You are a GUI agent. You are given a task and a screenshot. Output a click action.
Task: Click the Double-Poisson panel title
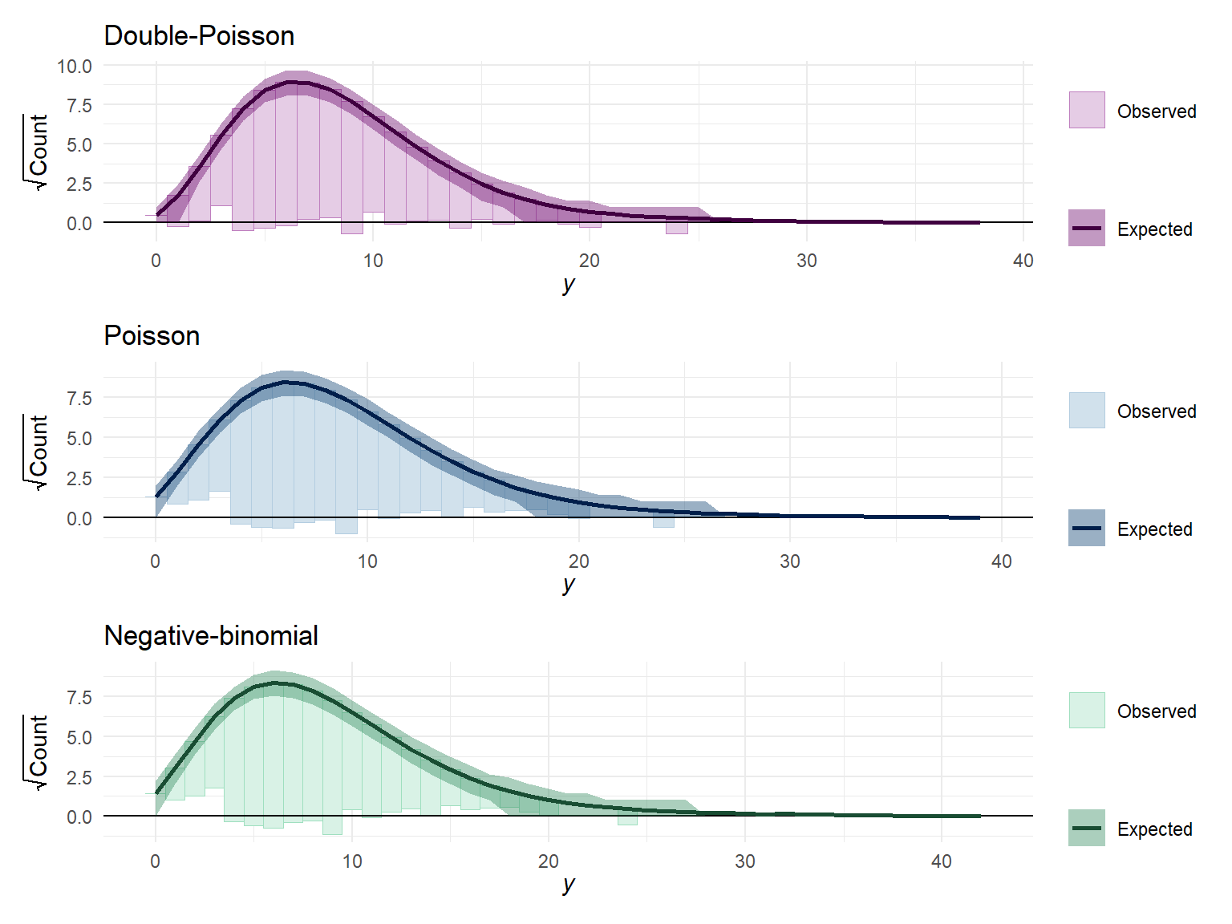(199, 36)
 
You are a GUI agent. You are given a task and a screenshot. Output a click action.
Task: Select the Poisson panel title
(152, 335)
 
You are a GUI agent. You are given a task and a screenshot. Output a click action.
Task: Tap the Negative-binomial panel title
(211, 635)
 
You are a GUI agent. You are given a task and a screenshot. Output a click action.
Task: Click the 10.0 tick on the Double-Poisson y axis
(75, 67)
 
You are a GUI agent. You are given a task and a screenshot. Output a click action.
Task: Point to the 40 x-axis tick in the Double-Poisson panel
(1023, 261)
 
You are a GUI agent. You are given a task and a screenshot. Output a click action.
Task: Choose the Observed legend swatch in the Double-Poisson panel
(1087, 110)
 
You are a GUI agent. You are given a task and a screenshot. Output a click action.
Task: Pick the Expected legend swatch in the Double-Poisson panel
(1087, 228)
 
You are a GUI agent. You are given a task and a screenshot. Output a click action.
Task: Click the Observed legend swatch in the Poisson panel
(1087, 410)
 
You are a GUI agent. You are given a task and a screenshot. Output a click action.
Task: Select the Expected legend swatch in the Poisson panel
(1087, 528)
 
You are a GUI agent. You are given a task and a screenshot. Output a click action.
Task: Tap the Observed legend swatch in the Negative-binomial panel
(1087, 710)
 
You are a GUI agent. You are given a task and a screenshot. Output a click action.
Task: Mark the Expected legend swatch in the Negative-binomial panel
(1087, 828)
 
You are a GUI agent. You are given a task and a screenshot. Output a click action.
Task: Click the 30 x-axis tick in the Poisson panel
(790, 561)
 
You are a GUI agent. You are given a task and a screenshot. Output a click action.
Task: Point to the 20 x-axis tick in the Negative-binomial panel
(549, 861)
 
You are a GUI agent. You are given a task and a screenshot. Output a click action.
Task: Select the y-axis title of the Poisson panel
(37, 452)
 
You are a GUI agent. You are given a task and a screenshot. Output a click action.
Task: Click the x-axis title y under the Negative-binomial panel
(569, 884)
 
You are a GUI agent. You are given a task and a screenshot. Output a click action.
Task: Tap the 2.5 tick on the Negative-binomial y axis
(79, 777)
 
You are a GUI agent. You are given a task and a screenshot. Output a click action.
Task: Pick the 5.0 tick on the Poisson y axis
(79, 439)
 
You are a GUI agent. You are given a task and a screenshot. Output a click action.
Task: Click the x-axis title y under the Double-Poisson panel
(569, 284)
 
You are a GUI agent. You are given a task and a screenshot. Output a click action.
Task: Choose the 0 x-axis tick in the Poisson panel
(156, 561)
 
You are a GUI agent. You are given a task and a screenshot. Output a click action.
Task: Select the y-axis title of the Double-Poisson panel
(37, 152)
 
